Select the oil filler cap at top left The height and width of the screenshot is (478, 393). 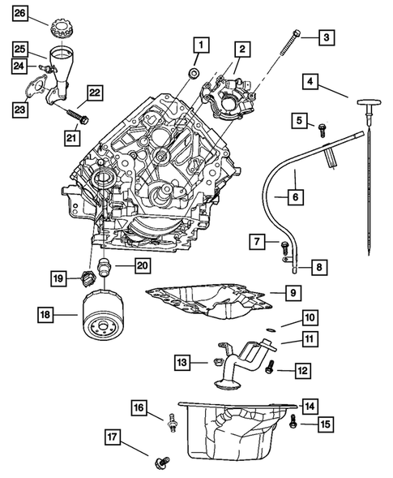[60, 24]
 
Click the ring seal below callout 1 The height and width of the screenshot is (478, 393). [193, 75]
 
